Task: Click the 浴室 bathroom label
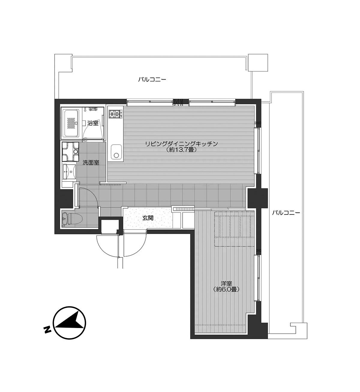point(93,123)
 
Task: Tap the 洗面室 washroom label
point(91,163)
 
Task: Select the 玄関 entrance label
point(148,218)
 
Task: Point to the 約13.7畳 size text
point(181,150)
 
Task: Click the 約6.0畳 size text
point(226,289)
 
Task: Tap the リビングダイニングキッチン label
point(181,144)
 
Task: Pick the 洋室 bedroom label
point(226,283)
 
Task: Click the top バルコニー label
point(152,80)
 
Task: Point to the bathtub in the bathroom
point(72,123)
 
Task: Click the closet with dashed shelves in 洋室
point(234,229)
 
